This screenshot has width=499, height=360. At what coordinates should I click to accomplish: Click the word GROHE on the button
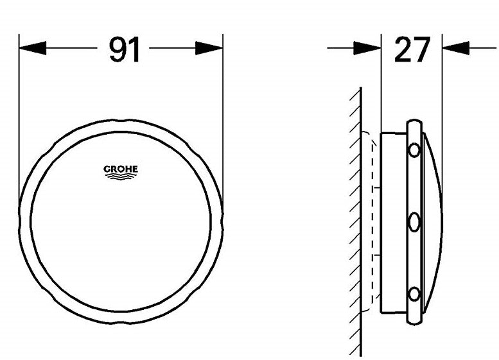point(121,169)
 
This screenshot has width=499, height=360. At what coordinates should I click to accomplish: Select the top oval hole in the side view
point(414,151)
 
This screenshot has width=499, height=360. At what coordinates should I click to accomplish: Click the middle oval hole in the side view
point(414,223)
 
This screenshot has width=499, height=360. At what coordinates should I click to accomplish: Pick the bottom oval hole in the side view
point(414,294)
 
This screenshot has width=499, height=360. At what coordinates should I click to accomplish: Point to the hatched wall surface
point(355,225)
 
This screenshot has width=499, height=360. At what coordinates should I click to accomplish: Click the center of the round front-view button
point(121,222)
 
